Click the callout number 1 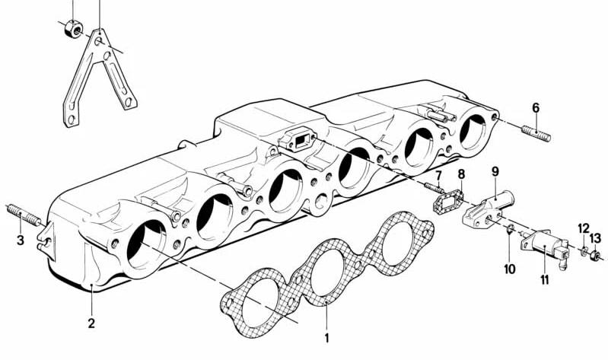click(x=326, y=338)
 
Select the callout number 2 click(x=91, y=323)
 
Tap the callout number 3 click(x=20, y=241)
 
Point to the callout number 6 click(x=536, y=108)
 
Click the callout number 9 click(x=495, y=171)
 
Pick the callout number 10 click(x=510, y=269)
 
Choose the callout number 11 click(x=545, y=279)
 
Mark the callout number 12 click(x=584, y=229)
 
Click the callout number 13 click(x=596, y=237)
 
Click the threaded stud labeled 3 click(x=24, y=215)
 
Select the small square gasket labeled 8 click(x=449, y=202)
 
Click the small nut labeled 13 click(x=595, y=256)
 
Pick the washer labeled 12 click(x=584, y=252)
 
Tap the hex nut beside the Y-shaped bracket click(x=73, y=29)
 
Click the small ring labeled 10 click(x=511, y=229)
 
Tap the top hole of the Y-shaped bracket click(x=98, y=40)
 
